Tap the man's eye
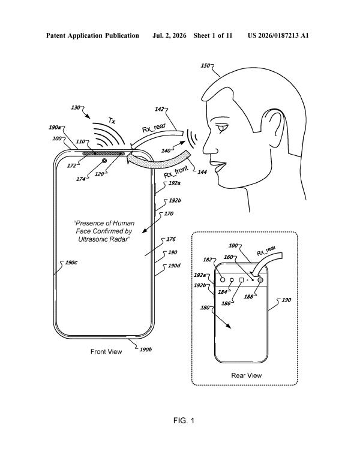223,128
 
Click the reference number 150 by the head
205,66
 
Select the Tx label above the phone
112,121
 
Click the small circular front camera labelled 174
104,161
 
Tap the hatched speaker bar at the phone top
103,153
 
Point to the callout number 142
159,110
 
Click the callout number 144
202,172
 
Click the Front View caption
106,351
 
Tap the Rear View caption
247,375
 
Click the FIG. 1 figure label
184,420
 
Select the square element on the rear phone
242,279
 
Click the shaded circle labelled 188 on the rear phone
260,279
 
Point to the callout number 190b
146,349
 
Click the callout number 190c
71,263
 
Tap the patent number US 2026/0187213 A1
278,36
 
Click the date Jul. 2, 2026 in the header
169,36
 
